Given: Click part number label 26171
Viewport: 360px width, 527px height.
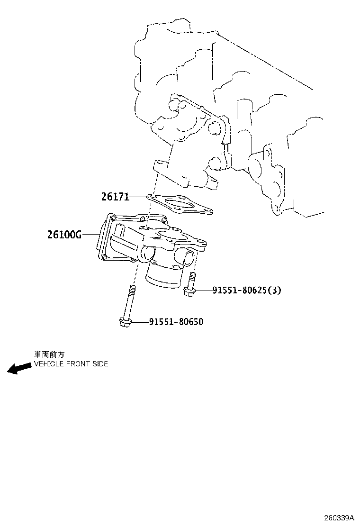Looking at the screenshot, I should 115,196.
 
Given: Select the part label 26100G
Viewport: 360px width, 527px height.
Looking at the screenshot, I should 64,234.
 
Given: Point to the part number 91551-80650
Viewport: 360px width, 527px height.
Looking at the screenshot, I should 176,322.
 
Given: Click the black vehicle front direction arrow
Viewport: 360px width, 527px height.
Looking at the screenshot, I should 18,368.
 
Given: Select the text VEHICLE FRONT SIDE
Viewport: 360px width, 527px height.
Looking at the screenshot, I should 71,364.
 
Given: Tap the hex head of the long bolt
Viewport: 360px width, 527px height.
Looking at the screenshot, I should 125,323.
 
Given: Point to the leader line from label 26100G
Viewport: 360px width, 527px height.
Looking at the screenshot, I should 90,234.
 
